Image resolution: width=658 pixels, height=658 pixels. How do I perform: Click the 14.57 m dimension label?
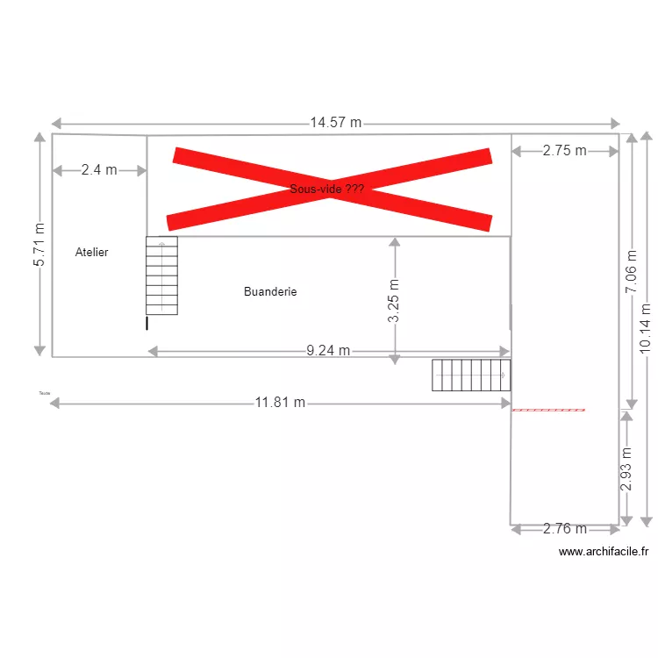[335, 123]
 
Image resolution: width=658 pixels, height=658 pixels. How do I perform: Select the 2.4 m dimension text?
[99, 170]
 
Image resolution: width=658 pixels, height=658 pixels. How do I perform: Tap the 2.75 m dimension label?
[564, 150]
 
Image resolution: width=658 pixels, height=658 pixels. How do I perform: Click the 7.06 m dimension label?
[632, 286]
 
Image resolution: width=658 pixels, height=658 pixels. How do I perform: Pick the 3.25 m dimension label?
[395, 301]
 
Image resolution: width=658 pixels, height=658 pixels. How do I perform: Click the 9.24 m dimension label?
[328, 351]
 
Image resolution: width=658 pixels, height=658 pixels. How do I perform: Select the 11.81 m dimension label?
[281, 403]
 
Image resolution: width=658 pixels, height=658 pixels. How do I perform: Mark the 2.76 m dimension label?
[565, 528]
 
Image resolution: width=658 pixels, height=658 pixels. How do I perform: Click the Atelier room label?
[92, 253]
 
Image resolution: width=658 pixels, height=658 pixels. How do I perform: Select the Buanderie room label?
[270, 291]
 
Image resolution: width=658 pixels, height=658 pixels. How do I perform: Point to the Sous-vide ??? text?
[326, 189]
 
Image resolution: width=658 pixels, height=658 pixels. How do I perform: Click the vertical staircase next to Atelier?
[161, 275]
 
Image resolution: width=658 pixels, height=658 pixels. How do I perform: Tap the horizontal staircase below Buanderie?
[471, 375]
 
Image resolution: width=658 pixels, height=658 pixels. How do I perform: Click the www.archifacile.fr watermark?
[604, 552]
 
